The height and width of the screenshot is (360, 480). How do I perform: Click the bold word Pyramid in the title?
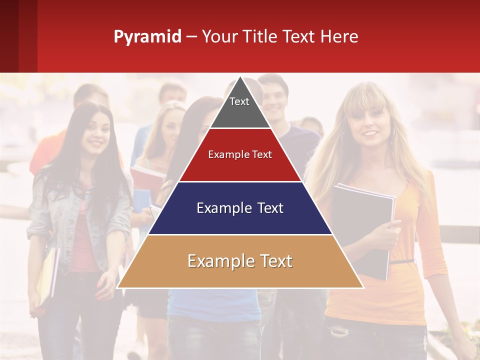click(x=147, y=37)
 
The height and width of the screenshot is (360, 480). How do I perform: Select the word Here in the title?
click(x=339, y=37)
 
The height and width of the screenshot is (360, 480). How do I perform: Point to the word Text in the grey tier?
click(x=239, y=101)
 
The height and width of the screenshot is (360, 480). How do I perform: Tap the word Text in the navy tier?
click(x=267, y=208)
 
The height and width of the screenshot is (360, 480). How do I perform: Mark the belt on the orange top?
click(x=402, y=261)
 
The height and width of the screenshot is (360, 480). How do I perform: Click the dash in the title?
click(x=191, y=37)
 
